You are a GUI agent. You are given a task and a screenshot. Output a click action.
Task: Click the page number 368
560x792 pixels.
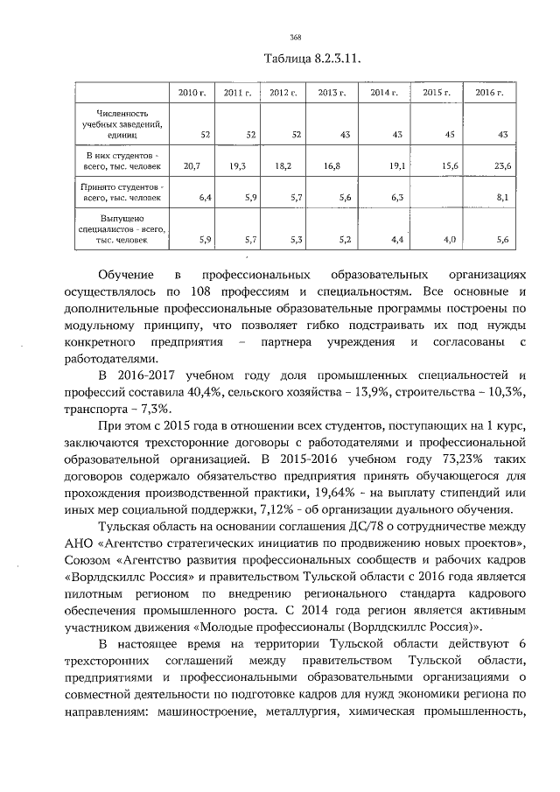[296, 37]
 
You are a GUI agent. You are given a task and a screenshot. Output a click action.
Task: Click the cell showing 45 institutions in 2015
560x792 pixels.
[451, 135]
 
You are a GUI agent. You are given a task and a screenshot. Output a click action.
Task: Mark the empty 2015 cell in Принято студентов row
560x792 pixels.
[437, 193]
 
